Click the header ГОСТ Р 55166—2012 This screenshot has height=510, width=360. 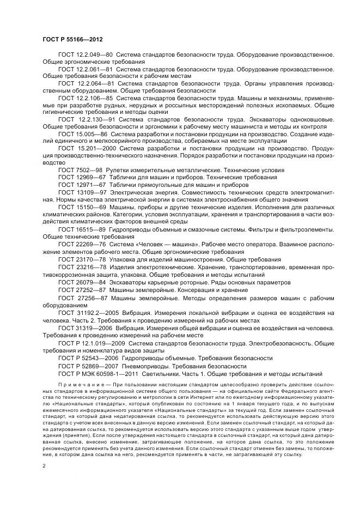[72, 40]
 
